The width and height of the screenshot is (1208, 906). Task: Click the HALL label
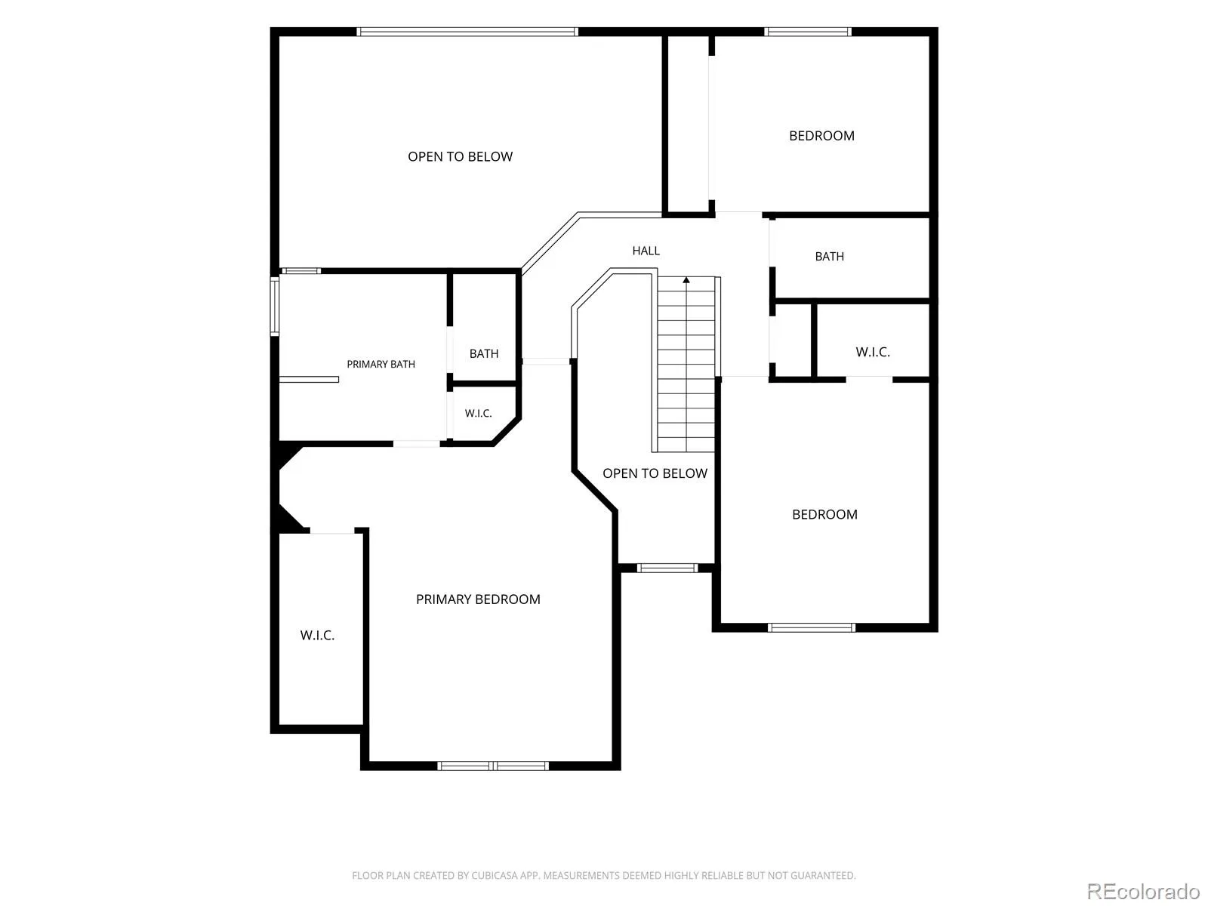click(646, 251)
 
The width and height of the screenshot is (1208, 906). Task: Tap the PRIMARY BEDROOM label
click(478, 599)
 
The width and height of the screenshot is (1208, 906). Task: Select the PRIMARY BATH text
click(381, 364)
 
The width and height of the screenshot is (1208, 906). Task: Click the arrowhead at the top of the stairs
click(686, 280)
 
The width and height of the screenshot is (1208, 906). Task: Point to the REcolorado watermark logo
click(1142, 891)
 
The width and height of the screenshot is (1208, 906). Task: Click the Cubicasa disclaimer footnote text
click(604, 875)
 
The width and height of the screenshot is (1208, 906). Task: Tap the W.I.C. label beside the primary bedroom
click(317, 636)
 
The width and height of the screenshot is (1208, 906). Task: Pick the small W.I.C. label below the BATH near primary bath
click(478, 413)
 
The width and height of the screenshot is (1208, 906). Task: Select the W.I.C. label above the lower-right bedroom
click(872, 352)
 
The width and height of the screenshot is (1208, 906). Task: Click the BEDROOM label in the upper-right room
click(821, 136)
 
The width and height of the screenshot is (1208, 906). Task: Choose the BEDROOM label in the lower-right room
click(824, 514)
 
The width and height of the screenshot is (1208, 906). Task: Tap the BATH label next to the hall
click(829, 257)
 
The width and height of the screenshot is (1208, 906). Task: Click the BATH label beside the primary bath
click(484, 353)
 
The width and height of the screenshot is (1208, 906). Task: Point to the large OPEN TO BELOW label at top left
click(460, 157)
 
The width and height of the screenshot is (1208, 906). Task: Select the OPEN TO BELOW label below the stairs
click(655, 473)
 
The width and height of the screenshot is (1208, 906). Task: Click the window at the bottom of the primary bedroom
click(493, 766)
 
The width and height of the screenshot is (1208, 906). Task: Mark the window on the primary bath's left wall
click(275, 307)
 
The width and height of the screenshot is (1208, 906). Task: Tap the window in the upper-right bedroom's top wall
click(808, 32)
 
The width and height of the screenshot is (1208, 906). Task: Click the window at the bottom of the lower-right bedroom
click(812, 627)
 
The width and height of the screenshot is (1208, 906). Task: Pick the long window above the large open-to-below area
click(467, 32)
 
